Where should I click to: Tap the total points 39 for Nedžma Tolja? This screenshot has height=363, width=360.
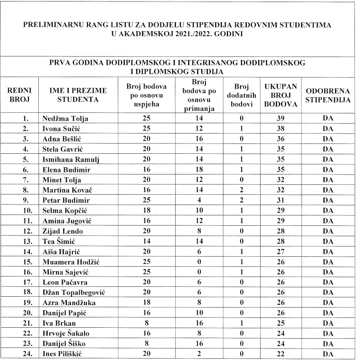pyautogui.click(x=280, y=119)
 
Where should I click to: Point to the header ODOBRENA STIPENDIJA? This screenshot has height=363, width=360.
pyautogui.click(x=327, y=95)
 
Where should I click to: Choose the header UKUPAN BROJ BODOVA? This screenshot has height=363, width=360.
pyautogui.click(x=280, y=95)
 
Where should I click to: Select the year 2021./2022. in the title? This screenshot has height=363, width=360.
pyautogui.click(x=192, y=35)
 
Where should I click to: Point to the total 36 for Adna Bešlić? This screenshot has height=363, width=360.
pyautogui.click(x=280, y=138)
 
